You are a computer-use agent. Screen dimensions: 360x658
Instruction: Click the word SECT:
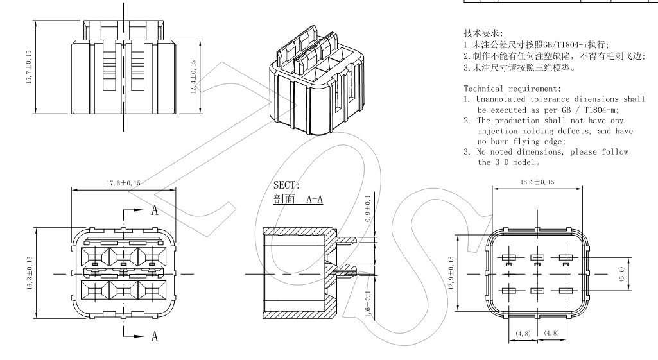[x=286, y=185]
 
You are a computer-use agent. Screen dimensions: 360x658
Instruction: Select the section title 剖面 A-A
[x=298, y=199]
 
